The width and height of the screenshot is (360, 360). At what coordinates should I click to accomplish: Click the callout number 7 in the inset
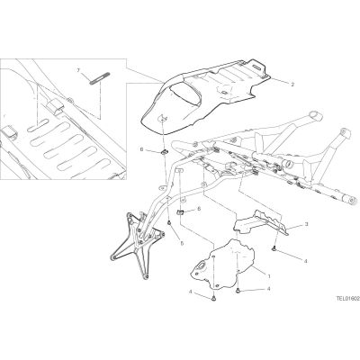[x=78, y=70]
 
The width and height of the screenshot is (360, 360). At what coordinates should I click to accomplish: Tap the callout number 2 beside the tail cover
[x=292, y=85]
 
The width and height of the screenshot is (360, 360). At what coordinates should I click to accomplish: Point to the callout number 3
[x=306, y=224]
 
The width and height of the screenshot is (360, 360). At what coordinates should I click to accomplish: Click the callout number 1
[x=269, y=275]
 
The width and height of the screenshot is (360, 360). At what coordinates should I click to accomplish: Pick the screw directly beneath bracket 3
[x=274, y=248]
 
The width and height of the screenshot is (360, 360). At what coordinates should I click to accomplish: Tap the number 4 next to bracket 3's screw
[x=306, y=261]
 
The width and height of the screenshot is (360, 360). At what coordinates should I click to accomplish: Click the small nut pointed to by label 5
[x=169, y=222]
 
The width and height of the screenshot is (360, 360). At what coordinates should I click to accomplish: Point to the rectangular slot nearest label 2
[x=257, y=67]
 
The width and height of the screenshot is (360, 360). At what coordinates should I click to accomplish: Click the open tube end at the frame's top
[x=313, y=114]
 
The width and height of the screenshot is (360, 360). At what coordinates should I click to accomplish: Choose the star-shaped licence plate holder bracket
[x=137, y=241]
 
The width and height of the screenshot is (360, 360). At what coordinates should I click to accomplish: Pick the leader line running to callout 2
[x=280, y=81]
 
